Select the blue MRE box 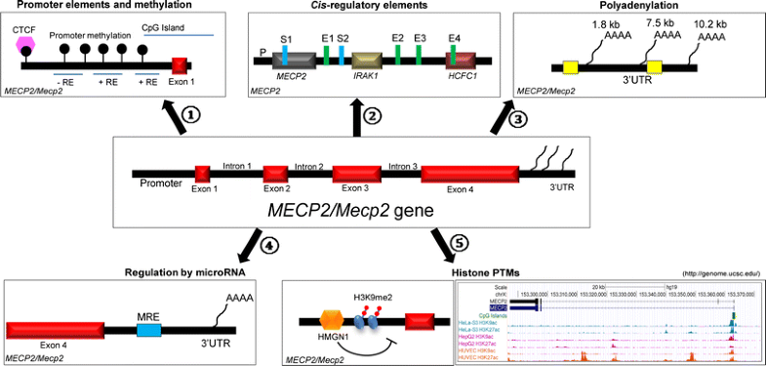coord(148,331)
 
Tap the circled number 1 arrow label coord(192,113)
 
